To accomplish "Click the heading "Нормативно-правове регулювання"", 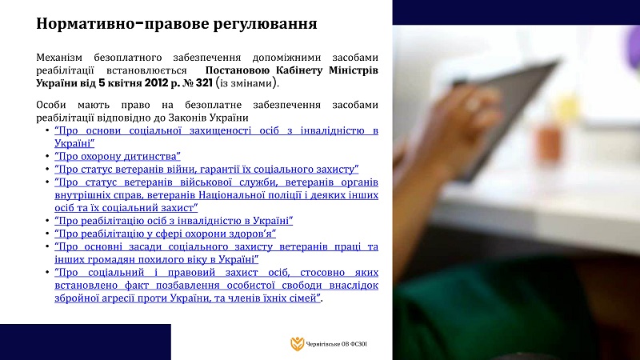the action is pyautogui.click(x=176, y=24).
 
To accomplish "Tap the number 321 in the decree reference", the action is pyautogui.click(x=204, y=83).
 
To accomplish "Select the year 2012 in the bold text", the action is pyautogui.click(x=156, y=83).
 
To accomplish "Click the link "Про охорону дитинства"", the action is pyautogui.click(x=118, y=156).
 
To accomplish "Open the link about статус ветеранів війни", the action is pyautogui.click(x=206, y=169).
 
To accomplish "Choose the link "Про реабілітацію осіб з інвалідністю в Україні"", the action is pyautogui.click(x=174, y=221).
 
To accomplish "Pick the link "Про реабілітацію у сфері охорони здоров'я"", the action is pyautogui.click(x=166, y=234).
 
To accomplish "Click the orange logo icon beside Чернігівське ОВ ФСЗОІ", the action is pyautogui.click(x=297, y=344).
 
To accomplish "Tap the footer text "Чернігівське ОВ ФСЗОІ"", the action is pyautogui.click(x=337, y=344).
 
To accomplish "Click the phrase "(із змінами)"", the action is pyautogui.click(x=248, y=83).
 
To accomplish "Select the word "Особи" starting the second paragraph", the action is pyautogui.click(x=50, y=105).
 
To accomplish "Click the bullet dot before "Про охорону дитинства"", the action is pyautogui.click(x=47, y=156).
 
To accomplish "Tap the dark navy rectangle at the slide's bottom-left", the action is pyautogui.click(x=86, y=342).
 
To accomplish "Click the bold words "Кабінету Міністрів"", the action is pyautogui.click(x=327, y=70).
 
